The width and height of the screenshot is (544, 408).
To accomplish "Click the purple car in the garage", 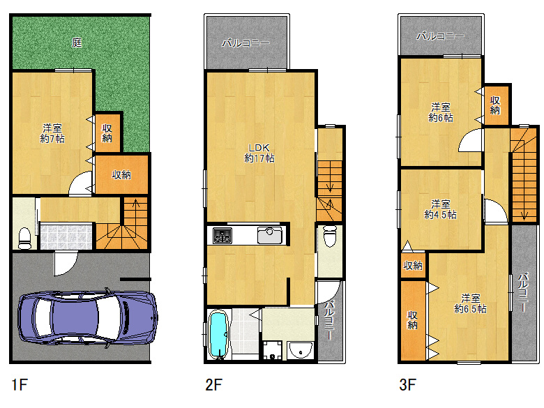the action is pos(87,317).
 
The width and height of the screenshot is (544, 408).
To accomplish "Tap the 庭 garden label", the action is pos(77,43).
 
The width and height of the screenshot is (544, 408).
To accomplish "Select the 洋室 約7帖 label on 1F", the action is pos(52,133).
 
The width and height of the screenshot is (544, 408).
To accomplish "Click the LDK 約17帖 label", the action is pos(259,153).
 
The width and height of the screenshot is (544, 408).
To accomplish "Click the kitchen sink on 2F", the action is pos(270,235).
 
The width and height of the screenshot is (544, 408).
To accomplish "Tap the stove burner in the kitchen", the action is pos(222,236).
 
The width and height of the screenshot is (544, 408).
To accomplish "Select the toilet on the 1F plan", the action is pos(24,238).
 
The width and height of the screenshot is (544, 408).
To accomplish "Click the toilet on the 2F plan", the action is pos(330,236).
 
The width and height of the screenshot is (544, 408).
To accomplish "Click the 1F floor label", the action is pos(20,384).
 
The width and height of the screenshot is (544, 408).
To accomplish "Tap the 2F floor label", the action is pos(213,384).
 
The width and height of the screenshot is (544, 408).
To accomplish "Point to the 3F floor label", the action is pos(408,384).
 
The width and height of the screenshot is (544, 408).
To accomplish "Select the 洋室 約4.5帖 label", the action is pos(440,209).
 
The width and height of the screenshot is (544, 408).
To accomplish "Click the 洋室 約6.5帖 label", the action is pos(470,303).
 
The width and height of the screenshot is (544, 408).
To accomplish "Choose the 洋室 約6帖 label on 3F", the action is pos(441,112).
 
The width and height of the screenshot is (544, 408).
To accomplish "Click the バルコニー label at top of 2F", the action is pos(245,43).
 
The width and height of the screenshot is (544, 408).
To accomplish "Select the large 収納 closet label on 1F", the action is pos(121,175).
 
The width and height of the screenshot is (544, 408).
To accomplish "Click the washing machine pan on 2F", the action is pos(272,350).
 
